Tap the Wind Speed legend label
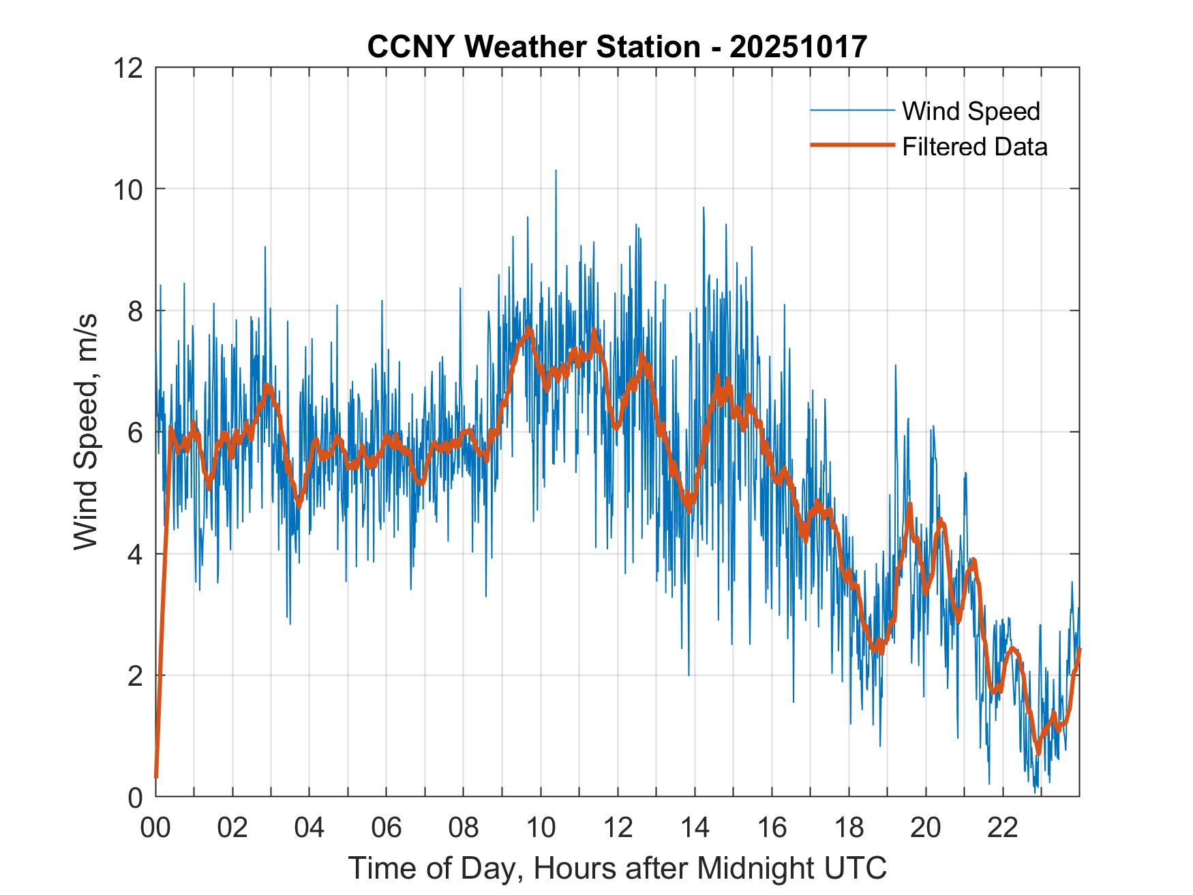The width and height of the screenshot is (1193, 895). point(971,111)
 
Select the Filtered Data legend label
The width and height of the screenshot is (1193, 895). point(974,147)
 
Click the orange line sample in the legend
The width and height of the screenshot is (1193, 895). point(852,145)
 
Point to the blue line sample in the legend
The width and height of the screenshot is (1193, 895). point(852,110)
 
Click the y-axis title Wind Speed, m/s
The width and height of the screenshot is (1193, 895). point(85,431)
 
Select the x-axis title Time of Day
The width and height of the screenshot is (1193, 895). point(618,868)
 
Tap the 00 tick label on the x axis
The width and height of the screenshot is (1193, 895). point(156,828)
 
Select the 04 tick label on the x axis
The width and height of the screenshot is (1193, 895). point(310,828)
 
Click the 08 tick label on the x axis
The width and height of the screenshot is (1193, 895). point(464,828)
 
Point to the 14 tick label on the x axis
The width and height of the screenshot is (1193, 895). point(695,828)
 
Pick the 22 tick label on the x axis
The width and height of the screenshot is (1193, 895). point(1003,828)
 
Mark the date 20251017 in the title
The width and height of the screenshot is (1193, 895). point(798,47)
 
